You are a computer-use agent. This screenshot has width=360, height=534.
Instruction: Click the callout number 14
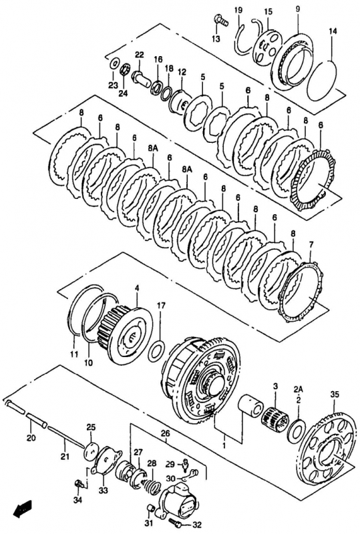point(333,31)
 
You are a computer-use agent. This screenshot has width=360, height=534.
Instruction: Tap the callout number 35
point(335,394)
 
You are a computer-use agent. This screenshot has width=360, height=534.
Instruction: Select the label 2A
point(299,389)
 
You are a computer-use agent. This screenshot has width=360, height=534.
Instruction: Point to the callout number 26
point(165,434)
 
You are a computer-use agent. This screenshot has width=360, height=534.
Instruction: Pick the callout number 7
point(311,244)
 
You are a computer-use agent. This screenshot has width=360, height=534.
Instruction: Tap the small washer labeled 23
point(115,63)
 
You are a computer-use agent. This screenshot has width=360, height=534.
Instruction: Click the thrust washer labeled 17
point(157,352)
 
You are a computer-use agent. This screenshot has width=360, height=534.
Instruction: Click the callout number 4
point(137,288)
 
